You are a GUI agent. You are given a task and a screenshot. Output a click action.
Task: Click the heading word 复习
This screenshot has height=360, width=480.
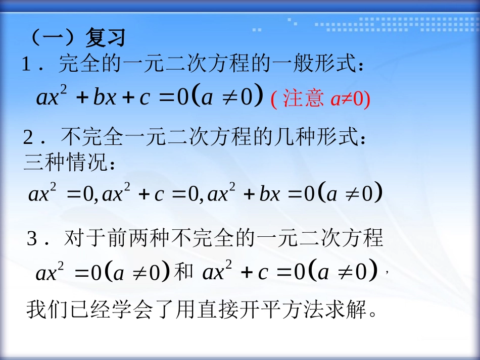105,37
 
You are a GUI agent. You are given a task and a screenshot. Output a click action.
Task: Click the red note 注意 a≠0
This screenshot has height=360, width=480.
321,98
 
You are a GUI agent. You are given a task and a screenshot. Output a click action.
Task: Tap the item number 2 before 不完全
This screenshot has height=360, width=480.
28,137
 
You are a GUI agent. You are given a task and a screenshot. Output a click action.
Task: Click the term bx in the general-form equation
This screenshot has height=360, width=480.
105,97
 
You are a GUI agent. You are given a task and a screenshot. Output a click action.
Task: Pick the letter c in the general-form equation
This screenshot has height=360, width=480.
145,97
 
